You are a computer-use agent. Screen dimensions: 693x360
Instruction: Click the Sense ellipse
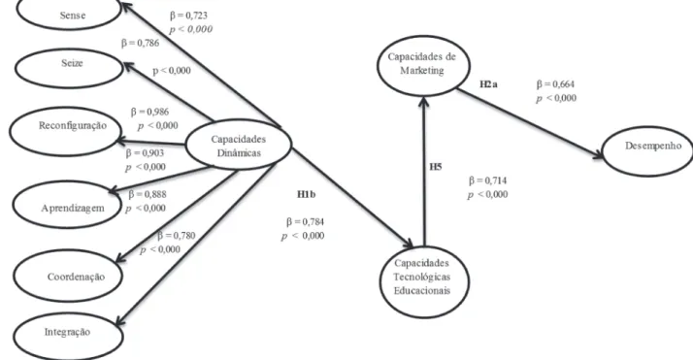pos(69,15)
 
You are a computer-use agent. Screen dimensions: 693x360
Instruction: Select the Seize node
pos(69,69)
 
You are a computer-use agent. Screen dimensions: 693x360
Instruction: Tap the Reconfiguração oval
pos(65,132)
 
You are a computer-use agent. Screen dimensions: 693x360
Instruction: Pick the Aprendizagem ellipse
pos(67,205)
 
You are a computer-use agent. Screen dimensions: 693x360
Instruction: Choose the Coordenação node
pos(68,276)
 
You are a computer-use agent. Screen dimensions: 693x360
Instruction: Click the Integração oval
pos(68,336)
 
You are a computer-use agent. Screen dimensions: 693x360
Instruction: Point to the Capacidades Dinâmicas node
pos(238,145)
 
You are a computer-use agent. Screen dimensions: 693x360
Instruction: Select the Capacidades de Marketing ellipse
pos(423,66)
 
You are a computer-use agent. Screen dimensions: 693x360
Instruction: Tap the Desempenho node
pos(648,151)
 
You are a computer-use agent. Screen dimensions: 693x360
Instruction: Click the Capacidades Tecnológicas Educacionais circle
pos(424,281)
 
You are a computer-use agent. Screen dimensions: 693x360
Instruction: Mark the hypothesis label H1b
pos(306,194)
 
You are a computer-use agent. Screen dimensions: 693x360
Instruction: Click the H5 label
pos(436,167)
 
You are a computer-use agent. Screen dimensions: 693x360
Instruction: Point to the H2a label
pos(488,83)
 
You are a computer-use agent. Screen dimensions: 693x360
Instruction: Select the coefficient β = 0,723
pos(188,16)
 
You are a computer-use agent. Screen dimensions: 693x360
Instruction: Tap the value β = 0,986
pos(149,112)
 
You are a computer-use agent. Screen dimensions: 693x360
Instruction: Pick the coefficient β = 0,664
pos(555,83)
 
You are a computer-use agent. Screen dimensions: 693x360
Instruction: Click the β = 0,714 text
pos(488,180)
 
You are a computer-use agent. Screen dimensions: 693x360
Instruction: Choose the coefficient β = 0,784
pos(305,221)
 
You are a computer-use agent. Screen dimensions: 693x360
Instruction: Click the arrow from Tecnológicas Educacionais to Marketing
pos(424,172)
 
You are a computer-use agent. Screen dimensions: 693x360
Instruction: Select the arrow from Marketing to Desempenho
pos(530,123)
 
